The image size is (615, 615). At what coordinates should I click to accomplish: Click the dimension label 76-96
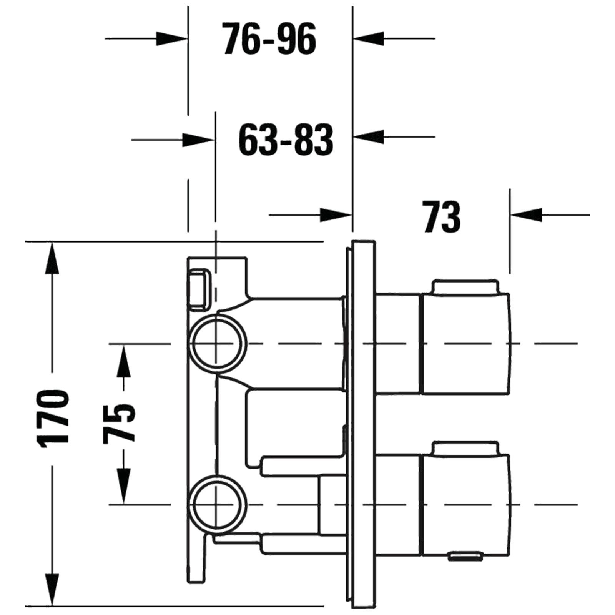(269, 39)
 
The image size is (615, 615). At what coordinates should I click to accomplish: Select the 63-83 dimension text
(286, 140)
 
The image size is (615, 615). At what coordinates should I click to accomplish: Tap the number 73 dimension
(442, 216)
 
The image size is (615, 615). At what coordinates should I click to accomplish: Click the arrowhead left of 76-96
(171, 39)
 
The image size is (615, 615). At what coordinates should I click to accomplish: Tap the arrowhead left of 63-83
(198, 140)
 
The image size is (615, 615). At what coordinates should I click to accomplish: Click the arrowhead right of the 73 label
(526, 215)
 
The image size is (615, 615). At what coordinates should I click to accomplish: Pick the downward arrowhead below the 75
(123, 487)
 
